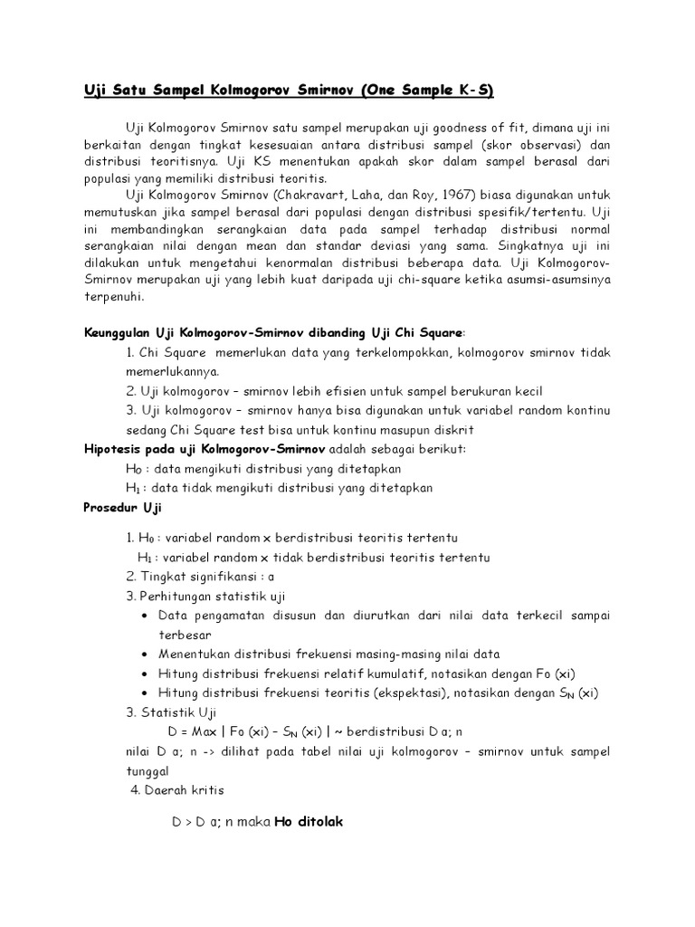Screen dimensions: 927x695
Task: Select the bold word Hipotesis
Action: point(111,449)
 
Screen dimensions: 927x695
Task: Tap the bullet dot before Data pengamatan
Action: point(147,616)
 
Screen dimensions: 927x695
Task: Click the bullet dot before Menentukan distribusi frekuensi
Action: point(147,655)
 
